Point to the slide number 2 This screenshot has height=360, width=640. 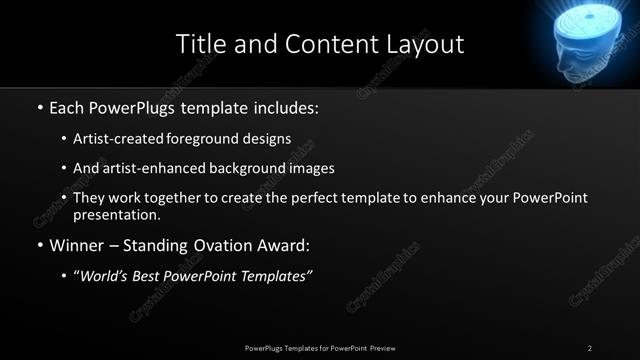pos(590,348)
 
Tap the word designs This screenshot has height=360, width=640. pos(267,138)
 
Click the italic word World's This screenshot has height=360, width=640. pos(105,276)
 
